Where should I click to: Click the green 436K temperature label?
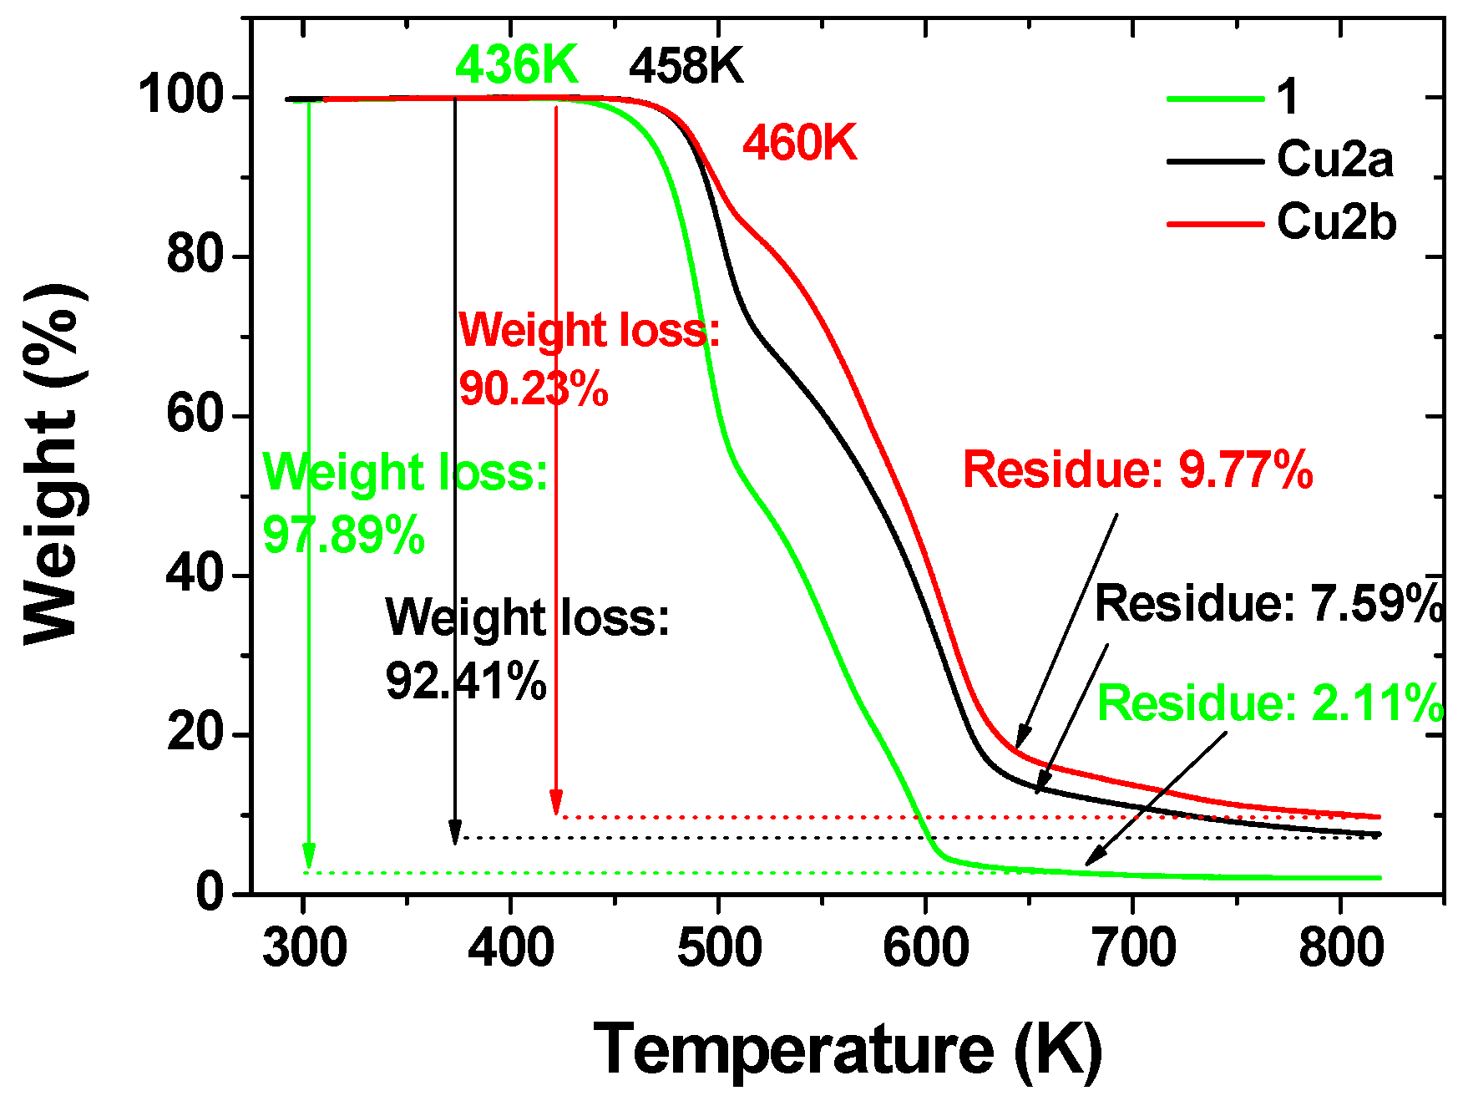[x=516, y=65]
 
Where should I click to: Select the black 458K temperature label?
[x=686, y=66]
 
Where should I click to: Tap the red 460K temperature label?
[x=799, y=143]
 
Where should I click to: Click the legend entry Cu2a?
[x=1334, y=159]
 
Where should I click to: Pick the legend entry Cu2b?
[x=1335, y=222]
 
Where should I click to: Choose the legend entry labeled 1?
[x=1288, y=97]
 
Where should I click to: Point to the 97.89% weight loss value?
[x=343, y=535]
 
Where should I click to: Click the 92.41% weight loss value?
[x=465, y=682]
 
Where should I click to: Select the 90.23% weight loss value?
[x=533, y=388]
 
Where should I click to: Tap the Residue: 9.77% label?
[x=1137, y=469]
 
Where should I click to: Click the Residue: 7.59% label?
[x=1268, y=603]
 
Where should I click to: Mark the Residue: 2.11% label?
[x=1269, y=703]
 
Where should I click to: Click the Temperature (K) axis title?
[x=847, y=1049]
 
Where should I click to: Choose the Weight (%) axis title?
[x=52, y=464]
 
